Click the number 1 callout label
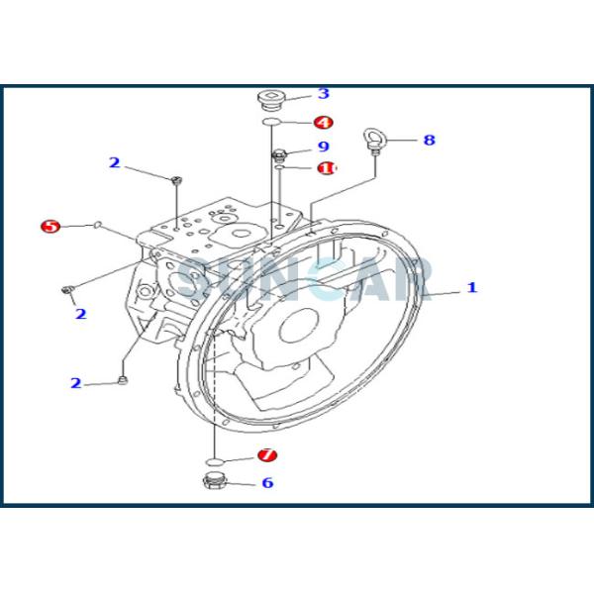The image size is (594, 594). pyautogui.click(x=472, y=288)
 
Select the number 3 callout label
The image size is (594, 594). pyautogui.click(x=323, y=94)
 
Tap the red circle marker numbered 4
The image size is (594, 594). pyautogui.click(x=323, y=123)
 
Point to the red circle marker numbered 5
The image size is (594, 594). pyautogui.click(x=50, y=227)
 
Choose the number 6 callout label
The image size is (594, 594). pyautogui.click(x=267, y=483)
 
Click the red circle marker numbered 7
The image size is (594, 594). pyautogui.click(x=267, y=455)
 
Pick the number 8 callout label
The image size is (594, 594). pyautogui.click(x=429, y=141)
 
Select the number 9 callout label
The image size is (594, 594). pyautogui.click(x=323, y=148)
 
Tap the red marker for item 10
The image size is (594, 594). pyautogui.click(x=326, y=168)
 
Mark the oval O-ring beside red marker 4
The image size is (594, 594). pyautogui.click(x=271, y=123)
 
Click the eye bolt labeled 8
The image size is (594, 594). pyautogui.click(x=376, y=140)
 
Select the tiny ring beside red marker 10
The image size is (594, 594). pyautogui.click(x=280, y=168)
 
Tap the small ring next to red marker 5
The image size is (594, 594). pyautogui.click(x=98, y=226)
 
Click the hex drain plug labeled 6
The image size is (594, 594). pyautogui.click(x=213, y=483)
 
